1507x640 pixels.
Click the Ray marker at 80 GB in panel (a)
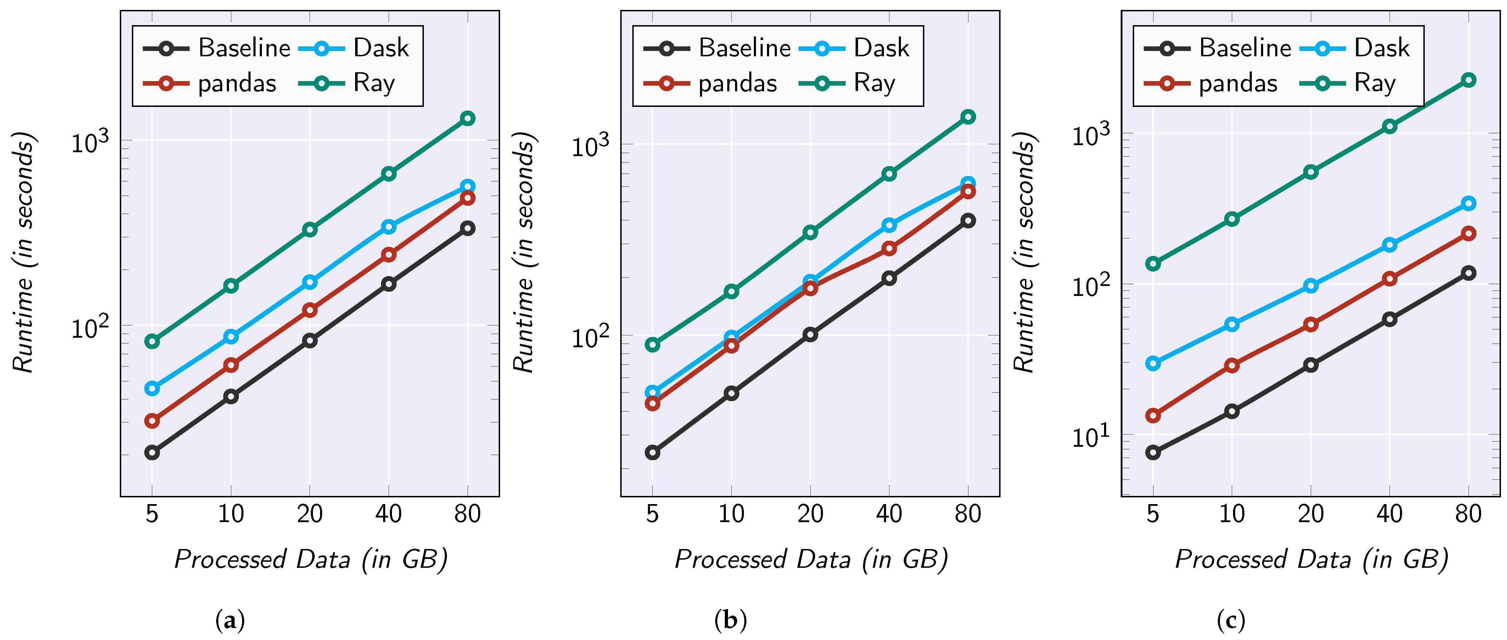(467, 119)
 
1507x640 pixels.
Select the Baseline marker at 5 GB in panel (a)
(152, 452)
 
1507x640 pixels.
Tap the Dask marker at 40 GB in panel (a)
(388, 227)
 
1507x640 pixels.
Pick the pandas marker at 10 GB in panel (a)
(231, 365)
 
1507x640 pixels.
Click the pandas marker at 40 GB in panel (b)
(889, 248)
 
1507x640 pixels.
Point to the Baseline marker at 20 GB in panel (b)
(810, 335)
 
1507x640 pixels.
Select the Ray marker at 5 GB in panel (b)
(652, 345)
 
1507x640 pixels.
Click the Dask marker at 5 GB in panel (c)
(1153, 364)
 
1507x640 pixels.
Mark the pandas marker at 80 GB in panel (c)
(1468, 234)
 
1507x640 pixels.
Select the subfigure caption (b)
(731, 619)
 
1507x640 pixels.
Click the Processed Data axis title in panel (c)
(1311, 559)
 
